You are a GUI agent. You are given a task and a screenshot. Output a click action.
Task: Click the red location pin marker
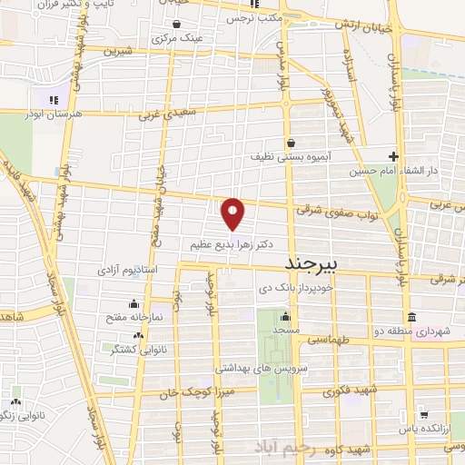click(233, 213)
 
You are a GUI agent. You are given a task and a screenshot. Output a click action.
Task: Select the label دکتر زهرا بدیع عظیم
click(232, 244)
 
